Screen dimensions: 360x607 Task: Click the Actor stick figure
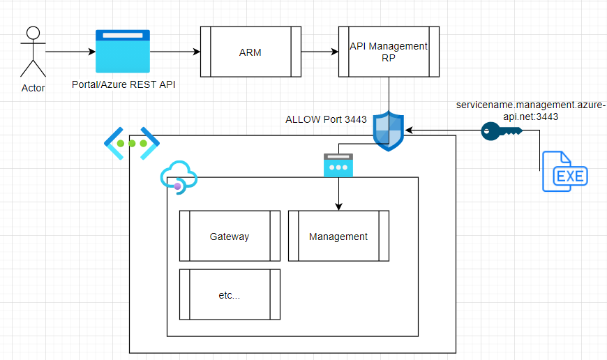(x=32, y=52)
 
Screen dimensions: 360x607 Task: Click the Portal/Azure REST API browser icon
(x=123, y=51)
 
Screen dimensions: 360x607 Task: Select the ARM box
(x=250, y=52)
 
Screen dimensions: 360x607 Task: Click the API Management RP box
(x=388, y=52)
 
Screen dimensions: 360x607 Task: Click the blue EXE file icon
(x=564, y=170)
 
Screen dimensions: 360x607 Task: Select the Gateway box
(x=230, y=236)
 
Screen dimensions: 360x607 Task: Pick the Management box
(x=338, y=236)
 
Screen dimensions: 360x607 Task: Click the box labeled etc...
(x=230, y=294)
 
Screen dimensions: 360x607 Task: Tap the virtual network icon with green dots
(x=132, y=143)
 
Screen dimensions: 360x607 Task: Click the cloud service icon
(x=178, y=177)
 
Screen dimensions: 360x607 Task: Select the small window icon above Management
(x=338, y=165)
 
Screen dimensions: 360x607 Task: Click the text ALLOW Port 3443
(x=326, y=119)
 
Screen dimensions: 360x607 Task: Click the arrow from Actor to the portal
(x=70, y=52)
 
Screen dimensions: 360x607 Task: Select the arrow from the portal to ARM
(x=175, y=52)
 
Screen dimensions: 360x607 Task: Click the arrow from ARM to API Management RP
(x=320, y=52)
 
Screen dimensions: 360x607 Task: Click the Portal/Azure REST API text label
(x=123, y=84)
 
